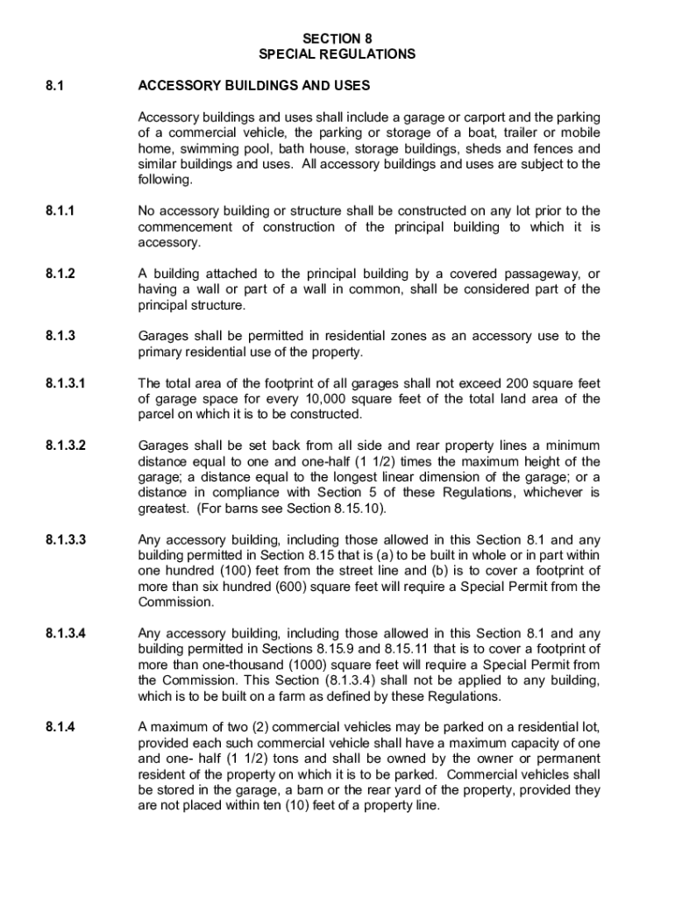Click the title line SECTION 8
pyautogui.click(x=337, y=39)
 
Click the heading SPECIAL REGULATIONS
pyautogui.click(x=337, y=54)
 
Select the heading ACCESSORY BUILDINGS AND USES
pyautogui.click(x=254, y=86)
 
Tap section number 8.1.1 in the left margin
pyautogui.click(x=60, y=211)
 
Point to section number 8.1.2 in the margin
pyautogui.click(x=60, y=274)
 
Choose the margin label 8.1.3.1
pyautogui.click(x=67, y=383)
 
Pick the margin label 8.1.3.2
pyautogui.click(x=67, y=446)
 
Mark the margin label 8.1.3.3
pyautogui.click(x=67, y=540)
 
